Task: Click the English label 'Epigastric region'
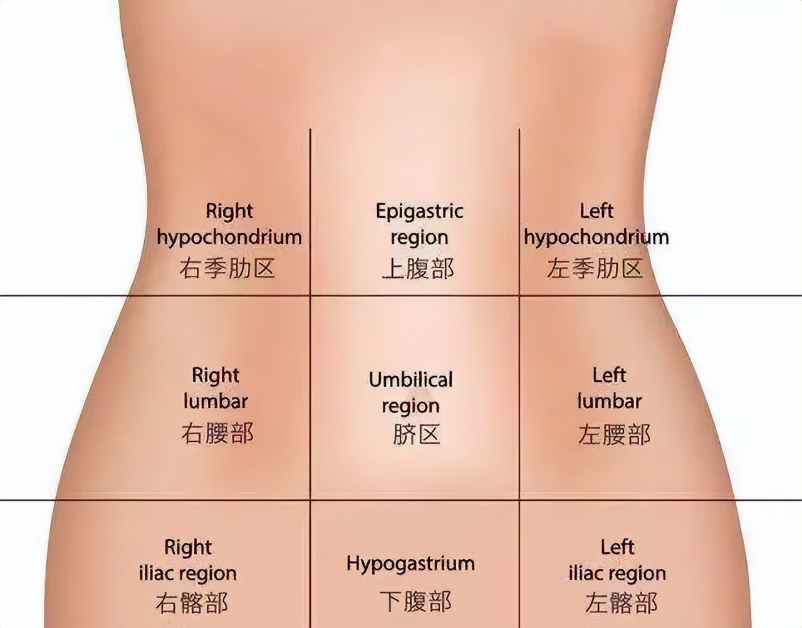pos(419,224)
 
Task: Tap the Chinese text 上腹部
pos(418,269)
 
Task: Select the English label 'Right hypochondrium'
pos(229,224)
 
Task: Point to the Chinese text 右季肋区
pos(227,269)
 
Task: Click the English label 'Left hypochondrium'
pos(596,224)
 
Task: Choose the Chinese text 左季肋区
pos(595,269)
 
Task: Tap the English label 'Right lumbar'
pos(216,388)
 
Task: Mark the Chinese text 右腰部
pos(217,434)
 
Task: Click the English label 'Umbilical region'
pos(410,392)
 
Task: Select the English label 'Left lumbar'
pos(609,388)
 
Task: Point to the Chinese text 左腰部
pos(614,434)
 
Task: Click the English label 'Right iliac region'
pos(188,560)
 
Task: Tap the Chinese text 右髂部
pos(191,603)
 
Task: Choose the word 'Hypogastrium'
pos(410,563)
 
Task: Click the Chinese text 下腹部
pos(415,602)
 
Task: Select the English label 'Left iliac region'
pos(617,560)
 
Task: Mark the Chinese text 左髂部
pos(621,603)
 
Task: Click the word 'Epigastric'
pos(419,211)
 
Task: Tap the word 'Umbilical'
pos(410,380)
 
